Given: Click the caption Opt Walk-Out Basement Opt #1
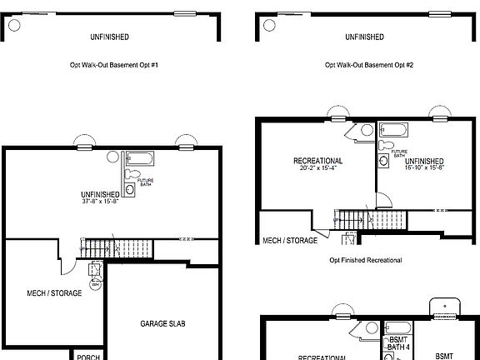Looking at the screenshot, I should pos(115,63).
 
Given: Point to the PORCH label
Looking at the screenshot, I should pos(88,357).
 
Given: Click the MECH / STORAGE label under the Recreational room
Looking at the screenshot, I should pos(290,241).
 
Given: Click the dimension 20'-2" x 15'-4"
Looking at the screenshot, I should pos(317,168).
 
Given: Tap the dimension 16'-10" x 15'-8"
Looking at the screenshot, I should pos(425,168).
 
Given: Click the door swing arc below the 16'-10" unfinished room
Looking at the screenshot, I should pos(383,200).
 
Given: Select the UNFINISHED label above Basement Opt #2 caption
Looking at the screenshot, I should pos(364,37).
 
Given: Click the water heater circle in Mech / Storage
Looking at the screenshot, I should pos(96,285).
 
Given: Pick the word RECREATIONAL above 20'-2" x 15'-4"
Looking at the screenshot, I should pos(317,160).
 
